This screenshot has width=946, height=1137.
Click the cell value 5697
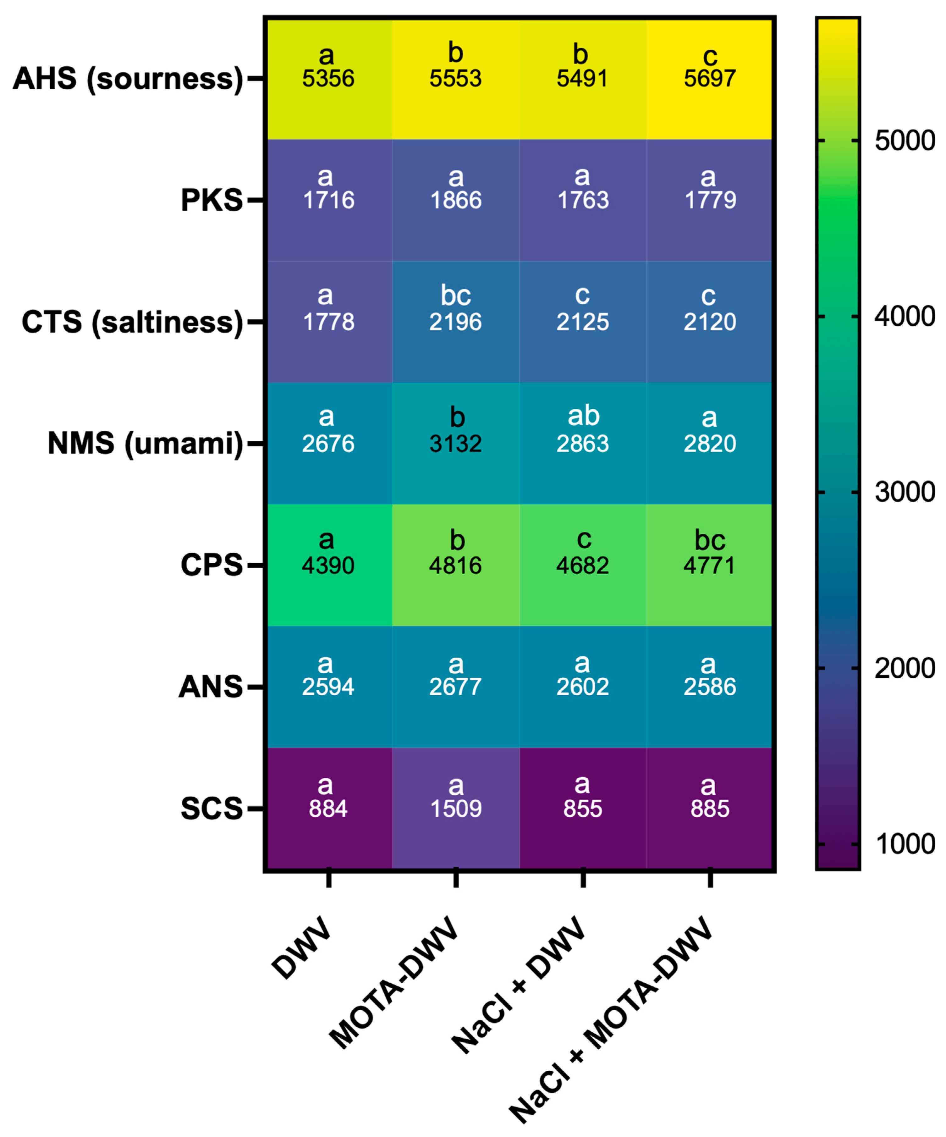pos(710,79)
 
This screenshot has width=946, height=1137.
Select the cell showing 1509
pos(456,809)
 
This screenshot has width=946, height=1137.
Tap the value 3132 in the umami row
pos(456,444)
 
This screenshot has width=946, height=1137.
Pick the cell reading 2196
pos(456,322)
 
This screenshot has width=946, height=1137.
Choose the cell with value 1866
pos(456,200)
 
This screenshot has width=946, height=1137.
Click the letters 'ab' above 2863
pos(583,416)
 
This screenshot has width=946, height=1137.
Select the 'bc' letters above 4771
pos(710,540)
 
